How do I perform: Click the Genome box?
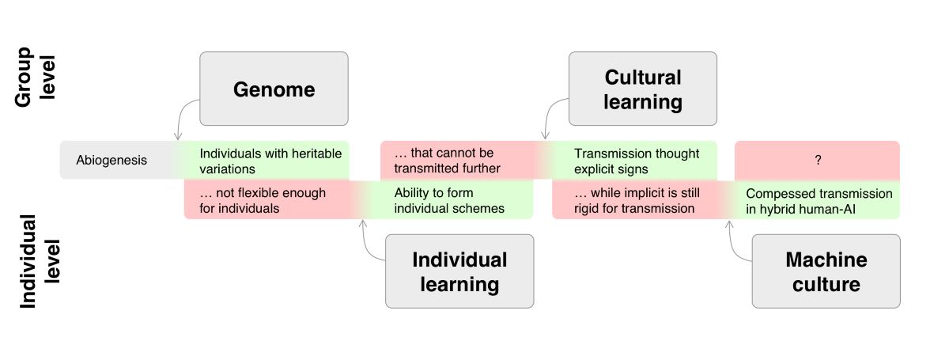click(x=274, y=89)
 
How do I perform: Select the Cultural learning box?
click(x=643, y=89)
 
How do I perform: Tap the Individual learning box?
click(x=459, y=271)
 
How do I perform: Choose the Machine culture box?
click(x=826, y=271)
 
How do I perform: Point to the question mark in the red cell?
click(x=817, y=160)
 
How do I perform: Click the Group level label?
click(x=35, y=77)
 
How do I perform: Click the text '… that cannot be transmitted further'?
click(x=447, y=160)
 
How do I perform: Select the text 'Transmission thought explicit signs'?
click(x=637, y=161)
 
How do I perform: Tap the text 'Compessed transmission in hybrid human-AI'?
click(x=819, y=200)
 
